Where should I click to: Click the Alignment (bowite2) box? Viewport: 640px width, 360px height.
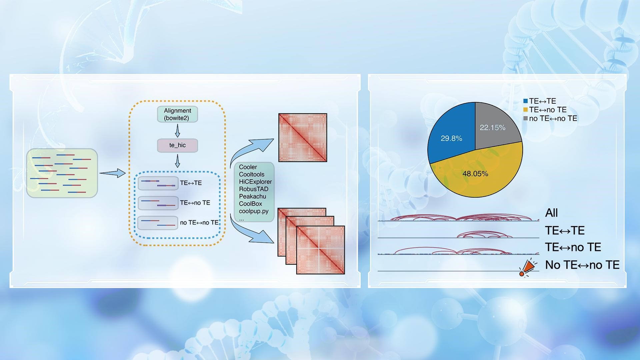[x=177, y=114]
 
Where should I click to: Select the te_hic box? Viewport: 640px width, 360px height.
[x=177, y=145]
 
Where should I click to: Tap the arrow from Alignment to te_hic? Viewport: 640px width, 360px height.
[x=177, y=131]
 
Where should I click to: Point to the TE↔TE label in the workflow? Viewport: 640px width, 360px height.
[x=191, y=183]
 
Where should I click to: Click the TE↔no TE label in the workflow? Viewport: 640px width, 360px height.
[x=195, y=203]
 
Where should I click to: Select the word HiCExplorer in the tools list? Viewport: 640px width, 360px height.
[x=255, y=182]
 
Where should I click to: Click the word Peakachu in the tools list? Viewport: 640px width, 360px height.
[x=252, y=196]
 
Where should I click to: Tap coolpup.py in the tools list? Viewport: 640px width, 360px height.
[x=253, y=211]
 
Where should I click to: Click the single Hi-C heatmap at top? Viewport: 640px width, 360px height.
[x=303, y=138]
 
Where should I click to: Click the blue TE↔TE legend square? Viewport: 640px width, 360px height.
[x=526, y=101]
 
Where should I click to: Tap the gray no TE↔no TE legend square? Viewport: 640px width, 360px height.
[x=526, y=118]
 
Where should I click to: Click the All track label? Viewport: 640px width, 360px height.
[x=551, y=213]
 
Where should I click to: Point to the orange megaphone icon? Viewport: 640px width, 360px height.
[x=528, y=268]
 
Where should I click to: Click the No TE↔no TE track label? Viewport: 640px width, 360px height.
[x=582, y=265]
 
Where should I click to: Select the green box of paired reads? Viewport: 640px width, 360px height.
[x=62, y=173]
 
